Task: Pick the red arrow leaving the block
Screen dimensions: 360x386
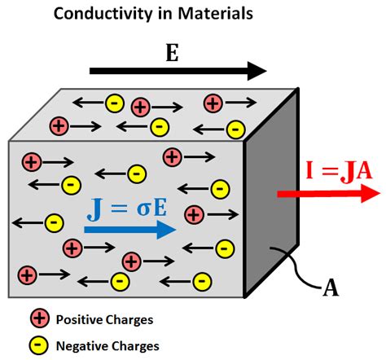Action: (x=326, y=194)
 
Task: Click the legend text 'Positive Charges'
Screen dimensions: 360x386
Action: (x=104, y=319)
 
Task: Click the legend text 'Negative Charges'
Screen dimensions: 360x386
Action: (x=107, y=345)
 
